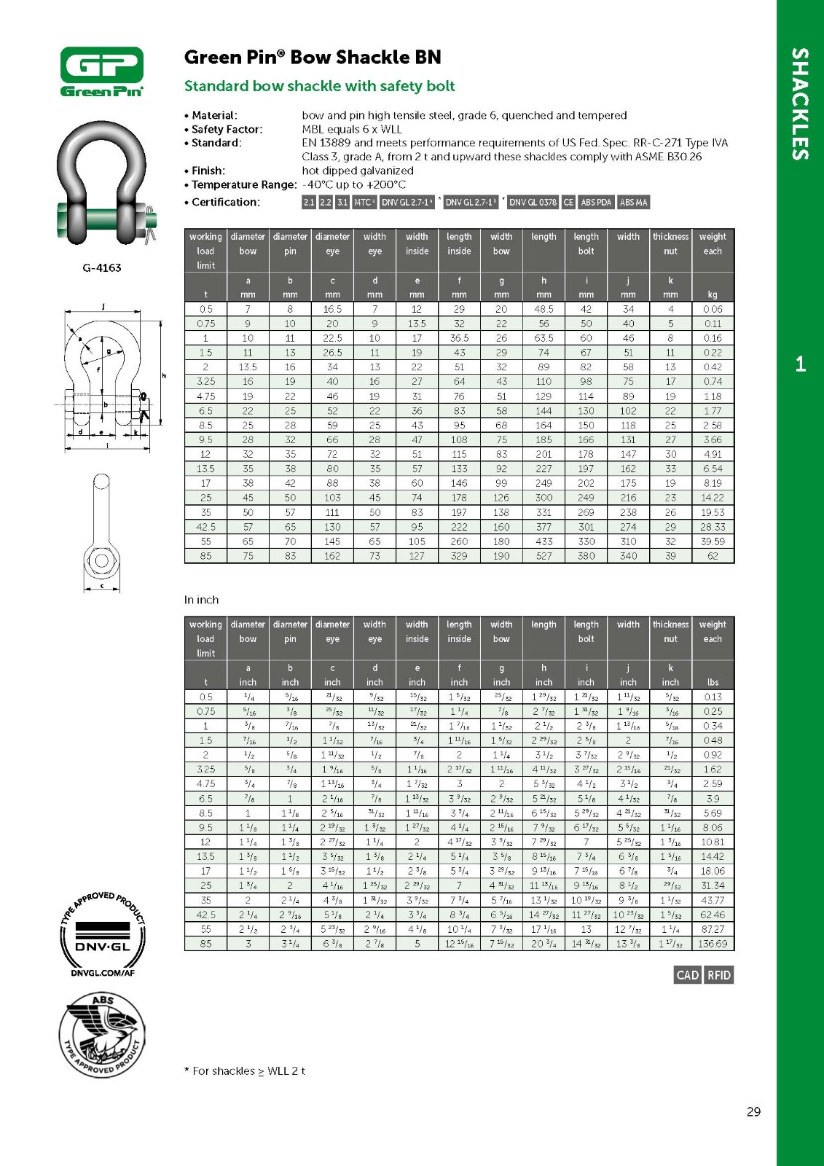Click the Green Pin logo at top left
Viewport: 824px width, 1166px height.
coord(101,71)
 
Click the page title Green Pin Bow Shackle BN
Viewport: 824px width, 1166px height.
coord(313,58)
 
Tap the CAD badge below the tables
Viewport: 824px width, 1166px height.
coord(688,975)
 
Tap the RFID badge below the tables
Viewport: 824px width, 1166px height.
coord(719,975)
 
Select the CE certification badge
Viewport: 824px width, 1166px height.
coord(568,203)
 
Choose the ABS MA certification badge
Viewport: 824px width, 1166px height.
coord(633,203)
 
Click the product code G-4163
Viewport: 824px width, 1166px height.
coord(102,267)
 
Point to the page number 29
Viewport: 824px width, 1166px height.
coord(753,1111)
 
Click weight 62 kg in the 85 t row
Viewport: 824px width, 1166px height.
coord(713,556)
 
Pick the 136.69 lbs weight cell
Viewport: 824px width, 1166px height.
coord(713,944)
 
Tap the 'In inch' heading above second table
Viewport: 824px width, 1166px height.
coord(201,600)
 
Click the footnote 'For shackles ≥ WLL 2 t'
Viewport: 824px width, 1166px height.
coord(245,1071)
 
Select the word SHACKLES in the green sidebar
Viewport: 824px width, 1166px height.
coord(800,103)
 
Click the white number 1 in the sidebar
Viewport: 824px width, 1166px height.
coord(800,364)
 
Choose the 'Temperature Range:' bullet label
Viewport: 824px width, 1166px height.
coord(243,185)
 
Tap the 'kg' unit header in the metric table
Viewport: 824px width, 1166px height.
coord(713,294)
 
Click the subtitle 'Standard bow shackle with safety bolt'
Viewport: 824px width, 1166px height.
coord(319,86)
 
